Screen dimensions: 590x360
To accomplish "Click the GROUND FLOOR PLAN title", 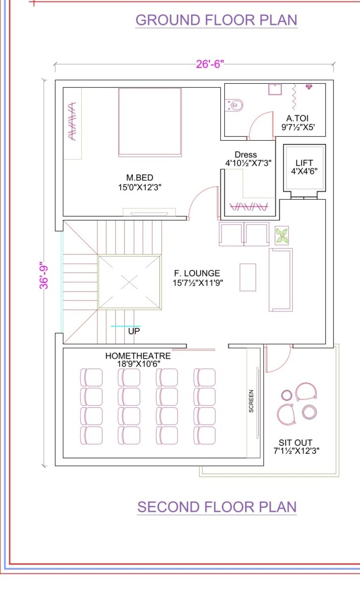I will tap(216, 20).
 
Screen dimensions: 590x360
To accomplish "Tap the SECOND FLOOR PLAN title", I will tap(216, 507).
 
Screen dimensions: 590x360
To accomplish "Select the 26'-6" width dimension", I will tap(210, 64).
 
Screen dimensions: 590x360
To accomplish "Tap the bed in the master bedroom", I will tap(150, 122).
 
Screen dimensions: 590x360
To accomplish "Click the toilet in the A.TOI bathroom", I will tap(236, 104).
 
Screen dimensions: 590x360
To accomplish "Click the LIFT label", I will tap(304, 163).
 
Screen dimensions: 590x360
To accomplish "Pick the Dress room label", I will tap(245, 155).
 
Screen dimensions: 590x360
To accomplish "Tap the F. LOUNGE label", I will tap(197, 274).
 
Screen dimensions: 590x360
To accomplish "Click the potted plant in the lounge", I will tap(282, 236).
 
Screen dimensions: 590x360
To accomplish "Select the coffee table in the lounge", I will tap(248, 277).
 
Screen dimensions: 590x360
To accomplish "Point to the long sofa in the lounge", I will tap(281, 280).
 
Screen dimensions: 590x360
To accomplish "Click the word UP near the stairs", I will tap(134, 332).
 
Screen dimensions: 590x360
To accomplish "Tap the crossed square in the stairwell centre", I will tap(129, 282).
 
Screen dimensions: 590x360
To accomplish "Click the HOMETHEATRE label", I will tap(138, 356).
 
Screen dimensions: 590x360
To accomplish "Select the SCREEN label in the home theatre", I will tap(251, 401).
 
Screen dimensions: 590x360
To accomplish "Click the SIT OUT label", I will tap(295, 442).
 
